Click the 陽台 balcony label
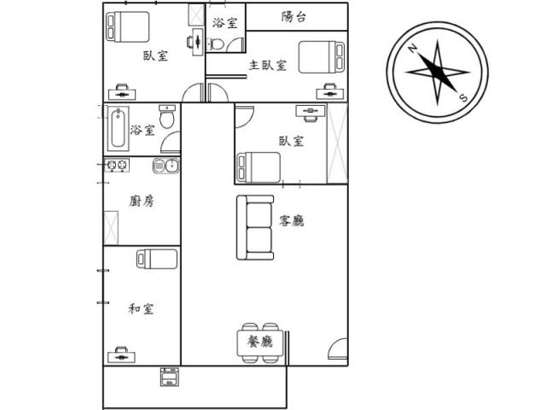(293, 17)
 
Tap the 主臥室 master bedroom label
(268, 65)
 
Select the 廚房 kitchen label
(142, 201)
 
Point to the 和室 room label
(141, 308)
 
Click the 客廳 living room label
(292, 220)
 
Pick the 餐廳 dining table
(259, 343)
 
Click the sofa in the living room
(255, 228)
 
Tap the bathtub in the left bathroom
(118, 129)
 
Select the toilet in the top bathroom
(216, 44)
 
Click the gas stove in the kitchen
(117, 165)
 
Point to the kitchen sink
(166, 166)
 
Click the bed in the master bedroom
(322, 57)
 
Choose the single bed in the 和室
(157, 259)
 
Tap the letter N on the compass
(413, 48)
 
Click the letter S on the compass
(463, 98)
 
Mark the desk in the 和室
(121, 354)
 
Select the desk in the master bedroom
(330, 91)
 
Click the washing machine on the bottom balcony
(170, 377)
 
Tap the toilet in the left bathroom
(167, 116)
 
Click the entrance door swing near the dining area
(338, 348)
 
